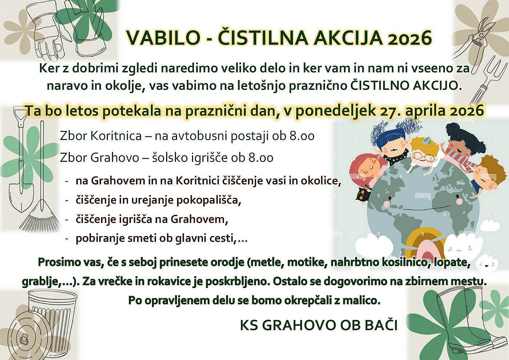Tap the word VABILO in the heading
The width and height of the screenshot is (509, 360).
pos(163,38)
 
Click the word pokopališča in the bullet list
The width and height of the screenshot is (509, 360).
pos(208,200)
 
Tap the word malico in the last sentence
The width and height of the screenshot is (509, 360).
pos(360,301)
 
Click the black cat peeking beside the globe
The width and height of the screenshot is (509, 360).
pos(362,197)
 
